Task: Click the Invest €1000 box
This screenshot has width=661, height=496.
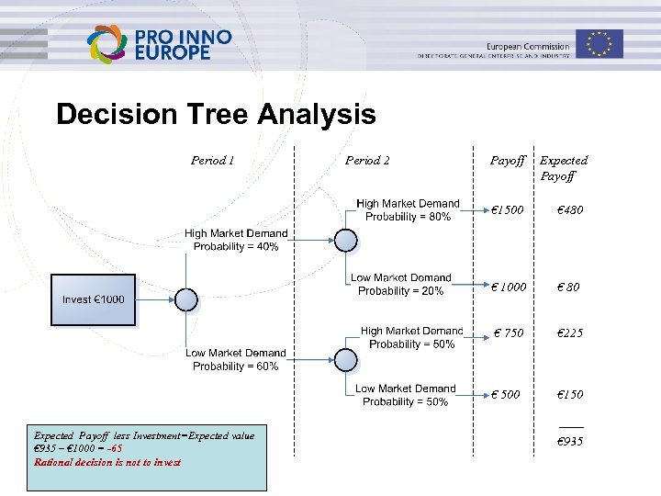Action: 93,299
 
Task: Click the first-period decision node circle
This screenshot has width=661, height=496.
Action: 186,299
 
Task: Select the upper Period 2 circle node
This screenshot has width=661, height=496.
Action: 345,240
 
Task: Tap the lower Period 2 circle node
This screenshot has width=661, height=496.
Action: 345,359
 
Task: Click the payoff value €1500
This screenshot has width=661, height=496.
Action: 507,209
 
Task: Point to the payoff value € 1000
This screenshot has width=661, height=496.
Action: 509,287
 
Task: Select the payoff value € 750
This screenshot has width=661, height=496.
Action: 509,333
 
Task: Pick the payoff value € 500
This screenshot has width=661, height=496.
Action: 506,394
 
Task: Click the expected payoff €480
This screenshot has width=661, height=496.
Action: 570,209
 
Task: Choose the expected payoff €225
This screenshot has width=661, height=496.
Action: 570,333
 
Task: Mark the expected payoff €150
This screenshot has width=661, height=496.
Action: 570,394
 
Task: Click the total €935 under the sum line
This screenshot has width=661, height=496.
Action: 570,442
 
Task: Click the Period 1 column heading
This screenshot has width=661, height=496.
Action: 212,160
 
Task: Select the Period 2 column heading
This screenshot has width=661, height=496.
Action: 367,160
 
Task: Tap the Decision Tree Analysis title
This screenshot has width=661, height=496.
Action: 216,115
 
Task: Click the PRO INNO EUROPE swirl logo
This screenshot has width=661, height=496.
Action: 108,44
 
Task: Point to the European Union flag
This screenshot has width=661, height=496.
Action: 599,43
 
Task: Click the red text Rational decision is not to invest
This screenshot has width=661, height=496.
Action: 107,461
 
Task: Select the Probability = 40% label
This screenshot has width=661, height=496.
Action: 236,246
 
